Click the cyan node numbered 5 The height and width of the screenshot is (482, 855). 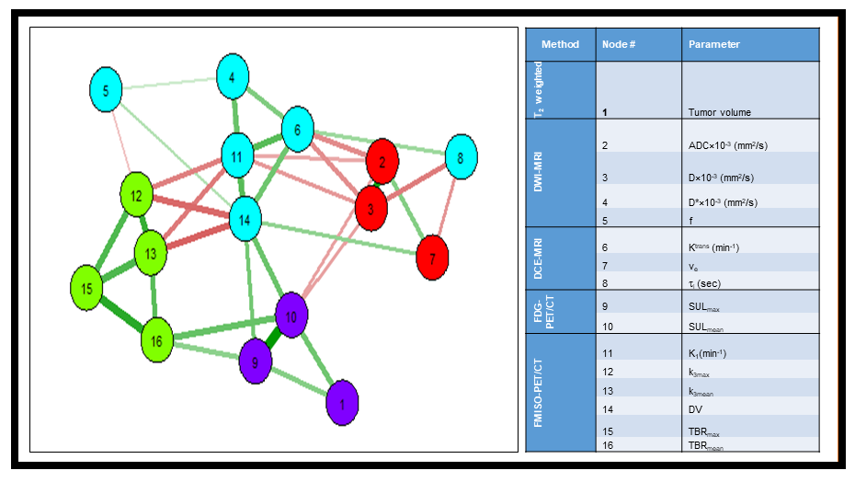[x=107, y=90]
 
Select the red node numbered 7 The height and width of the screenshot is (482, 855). [x=432, y=258]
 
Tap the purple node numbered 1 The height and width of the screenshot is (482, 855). [x=342, y=403]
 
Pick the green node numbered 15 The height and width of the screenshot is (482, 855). [x=87, y=288]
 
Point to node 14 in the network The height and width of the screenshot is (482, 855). [x=245, y=220]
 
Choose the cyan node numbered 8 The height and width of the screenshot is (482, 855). [x=461, y=157]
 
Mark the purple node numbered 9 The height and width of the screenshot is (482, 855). [x=256, y=361]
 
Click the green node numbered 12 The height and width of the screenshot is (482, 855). [x=136, y=195]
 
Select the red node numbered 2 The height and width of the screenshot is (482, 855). [x=382, y=162]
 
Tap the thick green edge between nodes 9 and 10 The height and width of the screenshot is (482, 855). [x=273, y=339]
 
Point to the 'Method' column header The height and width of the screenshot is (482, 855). [x=560, y=44]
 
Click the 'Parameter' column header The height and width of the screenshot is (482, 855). [x=714, y=44]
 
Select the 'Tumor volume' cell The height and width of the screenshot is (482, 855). [x=720, y=112]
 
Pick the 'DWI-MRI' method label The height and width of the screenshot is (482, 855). [x=540, y=173]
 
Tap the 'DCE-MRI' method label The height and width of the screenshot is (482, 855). [x=540, y=258]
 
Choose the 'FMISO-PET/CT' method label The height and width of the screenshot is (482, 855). [x=540, y=394]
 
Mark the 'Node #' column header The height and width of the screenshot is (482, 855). [x=619, y=44]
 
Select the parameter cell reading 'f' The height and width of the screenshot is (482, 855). [x=690, y=221]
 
